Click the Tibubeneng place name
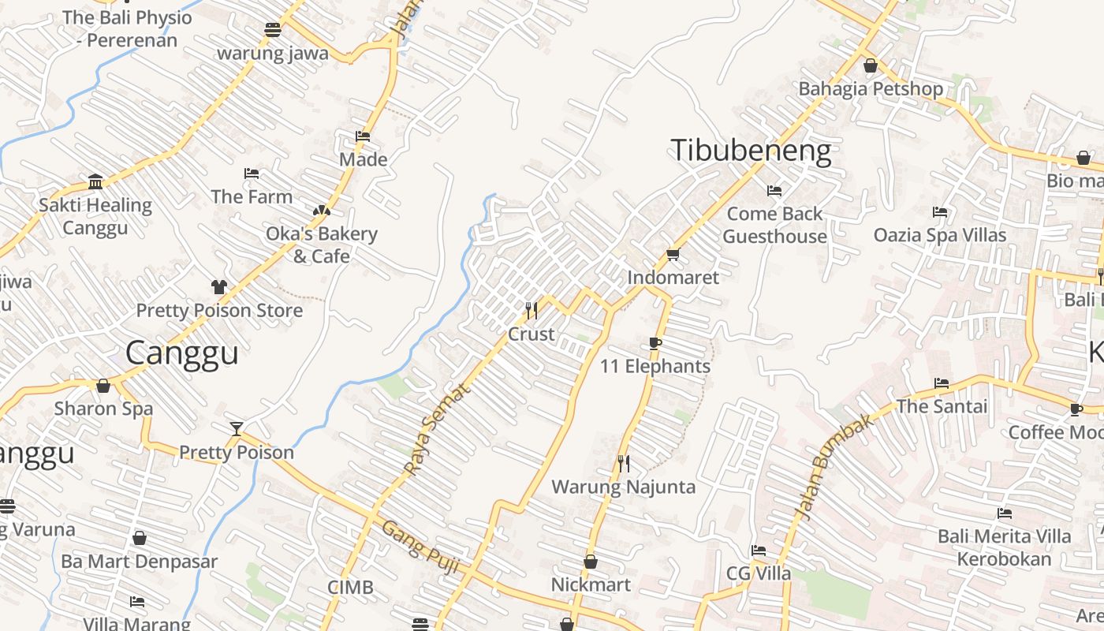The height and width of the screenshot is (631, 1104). (x=751, y=151)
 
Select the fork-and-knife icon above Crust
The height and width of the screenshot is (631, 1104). (x=531, y=311)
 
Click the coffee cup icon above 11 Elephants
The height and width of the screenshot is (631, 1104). (x=655, y=343)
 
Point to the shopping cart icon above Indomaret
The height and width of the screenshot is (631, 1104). (x=673, y=254)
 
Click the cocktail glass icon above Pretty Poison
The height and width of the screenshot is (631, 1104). (x=237, y=429)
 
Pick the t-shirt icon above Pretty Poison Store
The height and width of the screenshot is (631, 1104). (x=218, y=287)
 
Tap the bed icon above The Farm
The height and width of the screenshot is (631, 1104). (x=252, y=174)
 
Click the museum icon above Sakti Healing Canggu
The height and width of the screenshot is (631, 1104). (x=95, y=182)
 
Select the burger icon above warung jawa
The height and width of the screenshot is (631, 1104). (x=273, y=30)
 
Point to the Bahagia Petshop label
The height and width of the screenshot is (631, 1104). (x=871, y=88)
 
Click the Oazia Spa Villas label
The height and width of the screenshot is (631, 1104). (x=940, y=235)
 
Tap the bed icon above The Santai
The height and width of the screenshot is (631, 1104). (x=942, y=383)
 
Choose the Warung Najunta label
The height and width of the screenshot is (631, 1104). (x=623, y=487)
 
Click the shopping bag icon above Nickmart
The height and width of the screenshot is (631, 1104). (x=590, y=562)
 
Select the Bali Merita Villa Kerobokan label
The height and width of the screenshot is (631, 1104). (x=1005, y=547)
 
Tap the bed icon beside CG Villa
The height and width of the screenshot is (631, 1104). (x=759, y=551)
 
